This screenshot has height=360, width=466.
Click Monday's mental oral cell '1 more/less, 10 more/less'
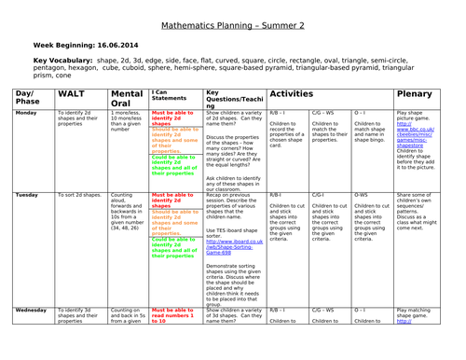click(125, 121)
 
